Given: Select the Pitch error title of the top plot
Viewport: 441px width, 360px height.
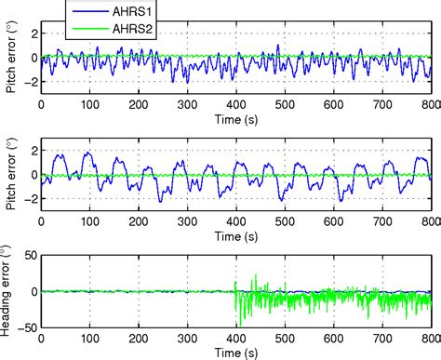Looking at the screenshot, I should [12, 57].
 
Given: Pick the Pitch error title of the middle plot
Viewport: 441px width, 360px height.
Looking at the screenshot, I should [12, 174].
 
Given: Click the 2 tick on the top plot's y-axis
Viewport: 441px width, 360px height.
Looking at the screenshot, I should [34, 33].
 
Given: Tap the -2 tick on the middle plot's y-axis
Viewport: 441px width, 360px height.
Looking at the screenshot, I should [32, 198].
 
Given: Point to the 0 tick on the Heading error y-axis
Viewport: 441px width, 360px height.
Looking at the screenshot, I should [33, 291].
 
